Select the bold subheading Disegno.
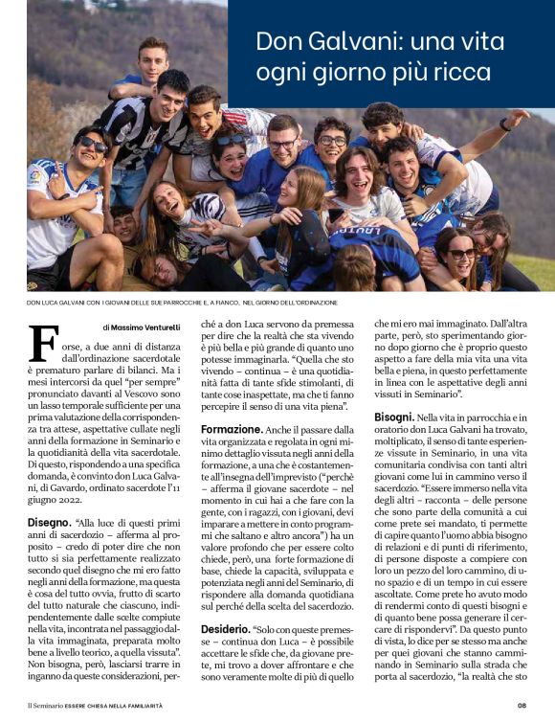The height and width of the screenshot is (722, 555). tap(48, 522)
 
